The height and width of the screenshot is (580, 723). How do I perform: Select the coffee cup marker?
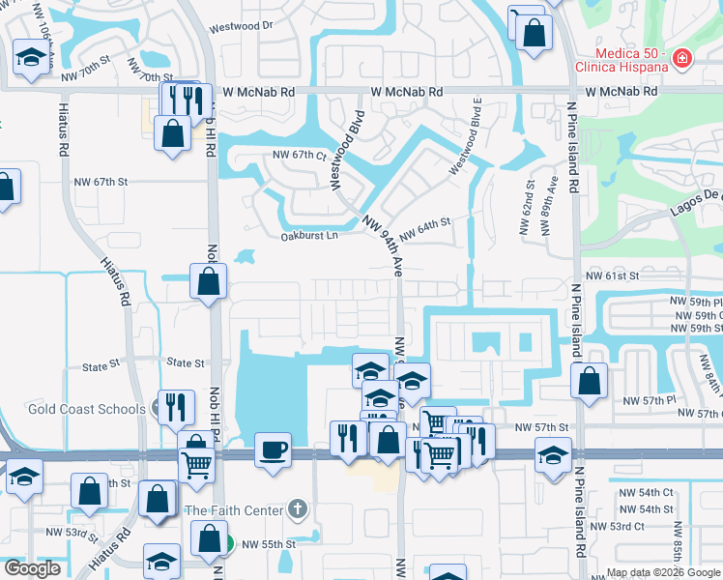273,449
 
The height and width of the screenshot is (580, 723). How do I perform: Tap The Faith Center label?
234,509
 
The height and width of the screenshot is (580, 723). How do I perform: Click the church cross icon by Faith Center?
299,509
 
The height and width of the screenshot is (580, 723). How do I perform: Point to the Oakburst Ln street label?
309,235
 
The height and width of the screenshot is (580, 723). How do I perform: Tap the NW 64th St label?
425,223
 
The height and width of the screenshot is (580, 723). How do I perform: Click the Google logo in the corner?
31,568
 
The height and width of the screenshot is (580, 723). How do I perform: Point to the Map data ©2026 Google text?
663,572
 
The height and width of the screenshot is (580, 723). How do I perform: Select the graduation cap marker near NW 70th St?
31,60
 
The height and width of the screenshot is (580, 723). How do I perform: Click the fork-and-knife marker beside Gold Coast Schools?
176,406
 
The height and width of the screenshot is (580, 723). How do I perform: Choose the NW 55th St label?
268,545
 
